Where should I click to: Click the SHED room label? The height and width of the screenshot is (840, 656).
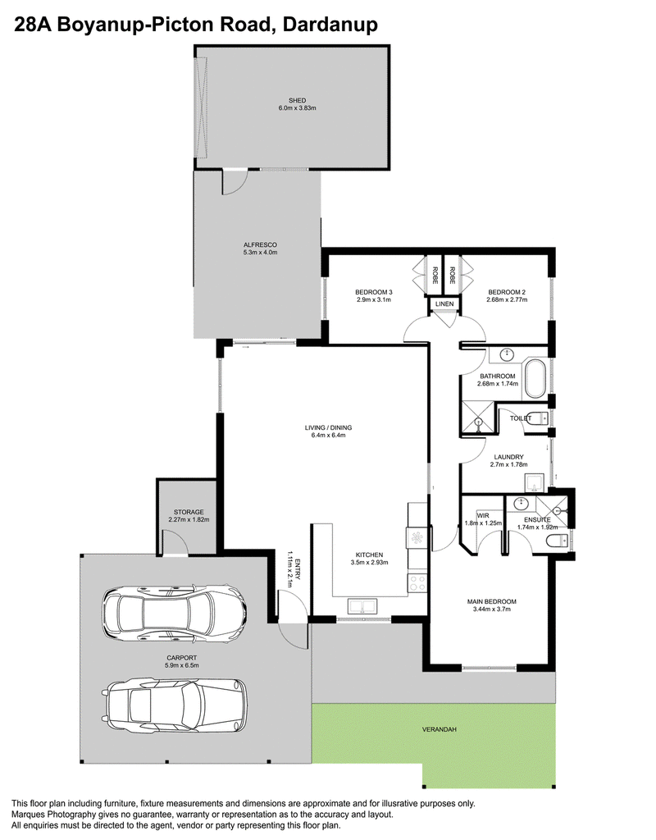(297, 100)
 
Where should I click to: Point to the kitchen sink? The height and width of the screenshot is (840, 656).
(362, 606)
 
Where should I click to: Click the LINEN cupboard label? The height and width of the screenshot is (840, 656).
(444, 304)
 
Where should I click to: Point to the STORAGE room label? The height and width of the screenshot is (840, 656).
(189, 512)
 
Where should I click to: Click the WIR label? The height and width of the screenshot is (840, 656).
(482, 516)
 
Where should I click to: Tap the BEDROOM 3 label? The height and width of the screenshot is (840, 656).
(374, 292)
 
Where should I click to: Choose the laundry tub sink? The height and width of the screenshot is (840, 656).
(535, 483)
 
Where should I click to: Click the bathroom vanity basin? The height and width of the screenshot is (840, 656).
(507, 354)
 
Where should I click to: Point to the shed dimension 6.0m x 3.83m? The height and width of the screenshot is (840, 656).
(297, 107)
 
